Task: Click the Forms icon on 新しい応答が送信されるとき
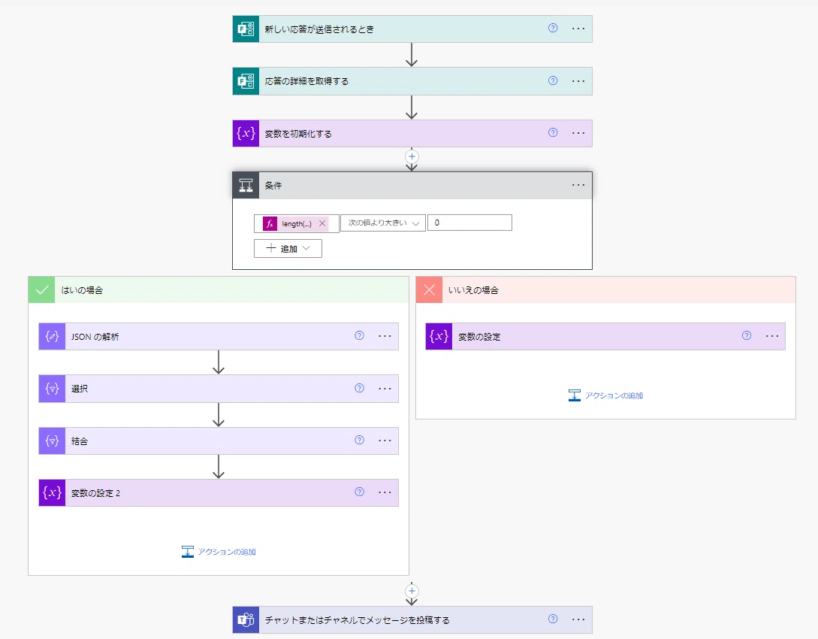point(246,29)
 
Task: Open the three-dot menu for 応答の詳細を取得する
point(578,81)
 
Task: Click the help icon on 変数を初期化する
point(553,132)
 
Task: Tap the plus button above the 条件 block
point(412,156)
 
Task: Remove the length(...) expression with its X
point(322,223)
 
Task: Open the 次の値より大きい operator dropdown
point(383,223)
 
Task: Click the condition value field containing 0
point(469,223)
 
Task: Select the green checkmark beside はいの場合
point(42,289)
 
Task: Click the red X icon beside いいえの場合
point(430,289)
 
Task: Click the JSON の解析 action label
point(95,337)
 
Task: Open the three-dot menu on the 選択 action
point(385,389)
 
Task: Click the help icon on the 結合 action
point(360,440)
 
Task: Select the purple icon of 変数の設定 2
point(52,492)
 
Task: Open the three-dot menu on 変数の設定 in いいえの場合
point(772,336)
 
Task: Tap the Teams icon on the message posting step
point(246,619)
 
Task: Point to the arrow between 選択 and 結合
point(219,414)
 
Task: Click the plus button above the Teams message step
point(412,591)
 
